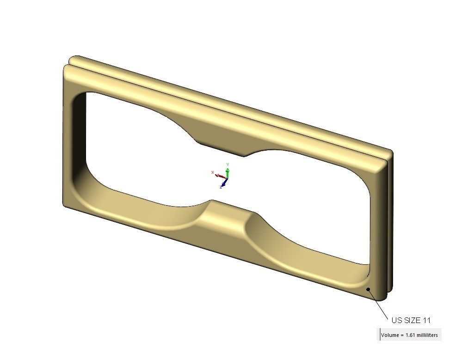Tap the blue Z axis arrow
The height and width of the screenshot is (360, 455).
(x=224, y=183)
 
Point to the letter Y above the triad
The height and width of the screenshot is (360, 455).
(x=228, y=165)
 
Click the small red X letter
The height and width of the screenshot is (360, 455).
(x=213, y=172)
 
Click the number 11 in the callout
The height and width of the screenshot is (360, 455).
(x=426, y=320)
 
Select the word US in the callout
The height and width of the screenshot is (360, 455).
(x=397, y=320)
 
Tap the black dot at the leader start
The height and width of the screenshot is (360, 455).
(x=369, y=290)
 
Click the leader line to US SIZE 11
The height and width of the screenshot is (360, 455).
(x=379, y=305)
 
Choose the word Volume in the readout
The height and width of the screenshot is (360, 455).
(x=389, y=335)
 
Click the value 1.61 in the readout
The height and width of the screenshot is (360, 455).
(x=410, y=335)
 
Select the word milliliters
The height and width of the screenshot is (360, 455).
(x=427, y=335)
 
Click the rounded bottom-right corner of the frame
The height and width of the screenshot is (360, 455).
(x=377, y=291)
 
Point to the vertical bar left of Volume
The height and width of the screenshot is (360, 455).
(x=380, y=335)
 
